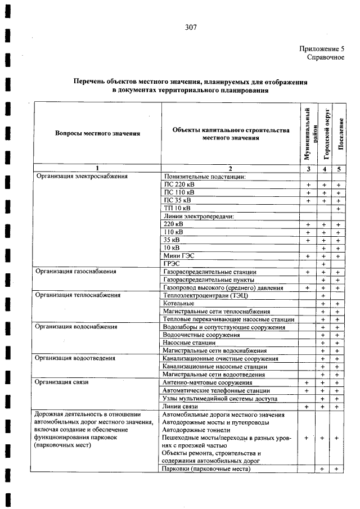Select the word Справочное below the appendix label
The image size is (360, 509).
tap(326, 58)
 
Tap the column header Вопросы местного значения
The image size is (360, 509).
tap(97, 133)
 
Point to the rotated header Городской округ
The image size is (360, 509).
tap(325, 133)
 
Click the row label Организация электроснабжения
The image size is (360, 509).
tap(82, 176)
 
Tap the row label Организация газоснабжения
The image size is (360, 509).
tap(76, 271)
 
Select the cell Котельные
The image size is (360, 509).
tap(178, 303)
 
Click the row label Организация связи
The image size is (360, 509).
tap(62, 382)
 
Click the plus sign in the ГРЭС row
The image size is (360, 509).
tap(324, 264)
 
